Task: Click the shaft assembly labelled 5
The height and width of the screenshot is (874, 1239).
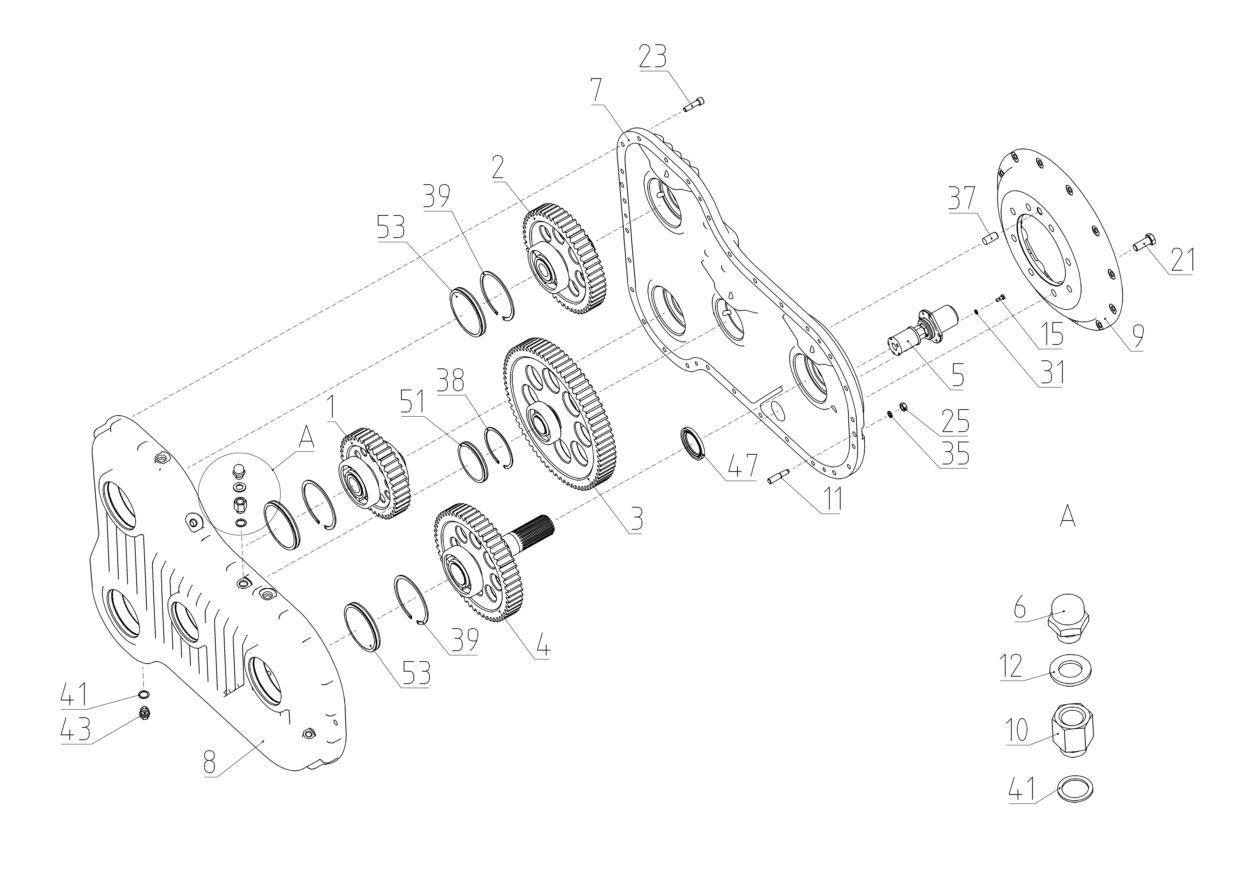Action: (x=921, y=330)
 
